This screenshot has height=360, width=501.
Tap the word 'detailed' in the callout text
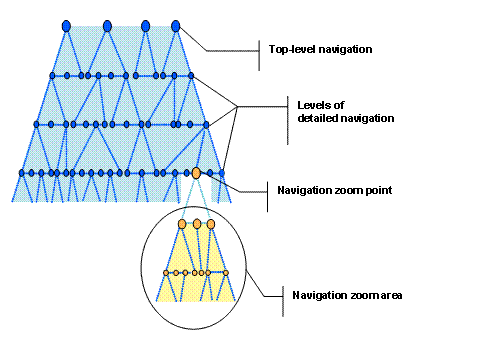pos(320,118)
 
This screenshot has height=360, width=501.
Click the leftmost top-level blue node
pos(66,24)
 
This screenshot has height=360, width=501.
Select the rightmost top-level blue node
pos(176,24)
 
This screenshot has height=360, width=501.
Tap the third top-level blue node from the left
pos(146,24)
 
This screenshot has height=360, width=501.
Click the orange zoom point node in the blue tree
pos(197,174)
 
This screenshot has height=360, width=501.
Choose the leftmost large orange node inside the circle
pos(184,224)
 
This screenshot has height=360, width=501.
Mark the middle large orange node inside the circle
pos(197,224)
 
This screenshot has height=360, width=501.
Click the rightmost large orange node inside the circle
pos(211,224)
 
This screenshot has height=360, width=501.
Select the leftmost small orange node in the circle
pos(166,272)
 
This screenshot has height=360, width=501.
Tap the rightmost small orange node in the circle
pos(227,272)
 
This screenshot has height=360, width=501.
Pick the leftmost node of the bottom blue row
pos(20,173)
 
